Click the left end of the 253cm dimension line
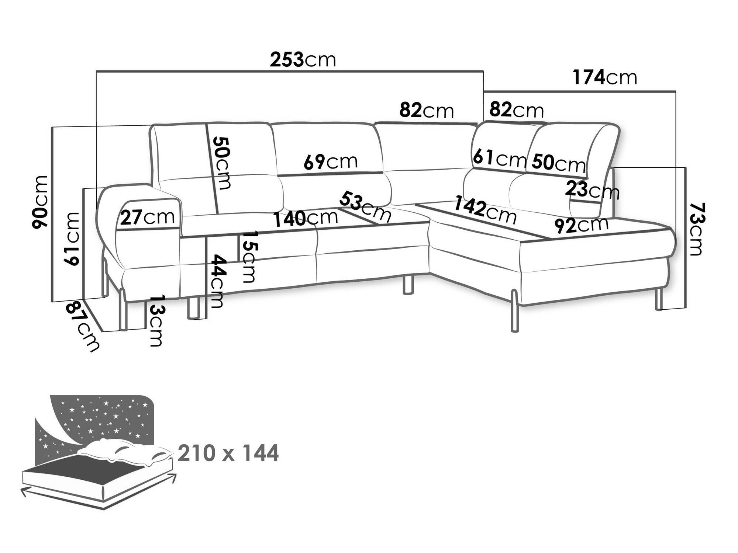(96, 71)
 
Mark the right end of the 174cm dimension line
(675, 91)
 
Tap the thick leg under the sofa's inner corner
(407, 284)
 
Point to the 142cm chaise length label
(486, 210)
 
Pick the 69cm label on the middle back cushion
(331, 161)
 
